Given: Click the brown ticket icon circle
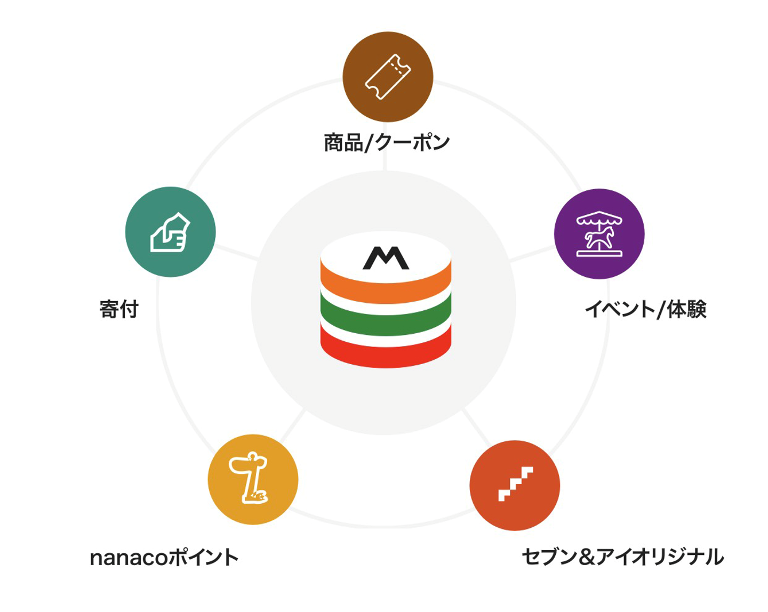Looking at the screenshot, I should (x=388, y=77).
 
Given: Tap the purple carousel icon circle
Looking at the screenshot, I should (x=599, y=234).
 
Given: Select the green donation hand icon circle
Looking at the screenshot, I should (x=170, y=232).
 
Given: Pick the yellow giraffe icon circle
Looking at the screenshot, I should (x=253, y=479).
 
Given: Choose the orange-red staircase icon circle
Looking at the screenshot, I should (x=515, y=485).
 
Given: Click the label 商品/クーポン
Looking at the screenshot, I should (x=387, y=143).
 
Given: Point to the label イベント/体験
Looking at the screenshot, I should (x=645, y=309).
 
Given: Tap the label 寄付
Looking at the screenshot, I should (x=119, y=309).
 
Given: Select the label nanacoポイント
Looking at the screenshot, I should (x=164, y=558).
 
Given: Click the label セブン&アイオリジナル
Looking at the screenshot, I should (x=622, y=557).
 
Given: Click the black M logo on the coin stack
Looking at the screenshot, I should (x=386, y=258).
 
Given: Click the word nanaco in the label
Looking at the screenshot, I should (x=129, y=558).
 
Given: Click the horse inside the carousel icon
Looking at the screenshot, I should (x=600, y=237).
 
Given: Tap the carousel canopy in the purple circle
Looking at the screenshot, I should (x=599, y=218).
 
